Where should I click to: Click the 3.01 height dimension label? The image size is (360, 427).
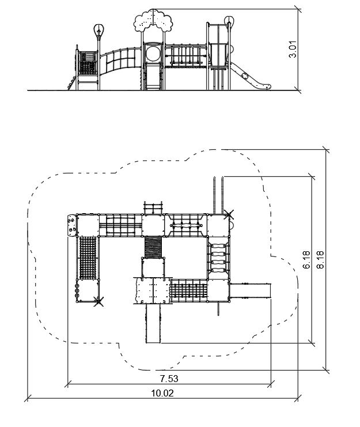[293, 50]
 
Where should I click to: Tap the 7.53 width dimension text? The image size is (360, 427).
[169, 379]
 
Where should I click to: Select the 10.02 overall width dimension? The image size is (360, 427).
[162, 393]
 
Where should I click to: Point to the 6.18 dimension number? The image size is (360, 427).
[306, 260]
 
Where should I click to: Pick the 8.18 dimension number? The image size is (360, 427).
[320, 260]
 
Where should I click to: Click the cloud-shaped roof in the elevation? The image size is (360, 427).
[153, 20]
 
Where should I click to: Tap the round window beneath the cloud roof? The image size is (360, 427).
[153, 54]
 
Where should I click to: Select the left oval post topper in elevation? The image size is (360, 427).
[99, 31]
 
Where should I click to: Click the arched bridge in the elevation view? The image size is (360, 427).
[120, 61]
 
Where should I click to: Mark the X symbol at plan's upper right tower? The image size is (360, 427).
[229, 214]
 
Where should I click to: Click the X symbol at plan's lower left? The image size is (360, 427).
[98, 301]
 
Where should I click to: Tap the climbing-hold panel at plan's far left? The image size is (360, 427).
[71, 226]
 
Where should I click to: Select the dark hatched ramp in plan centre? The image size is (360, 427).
[153, 247]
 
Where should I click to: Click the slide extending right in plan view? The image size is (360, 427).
[251, 291]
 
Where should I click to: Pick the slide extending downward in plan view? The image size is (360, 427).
[153, 323]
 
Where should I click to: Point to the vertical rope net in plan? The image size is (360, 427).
[88, 258]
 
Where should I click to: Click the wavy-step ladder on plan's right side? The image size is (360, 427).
[218, 258]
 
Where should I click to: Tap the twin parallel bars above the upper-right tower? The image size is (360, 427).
[218, 195]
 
